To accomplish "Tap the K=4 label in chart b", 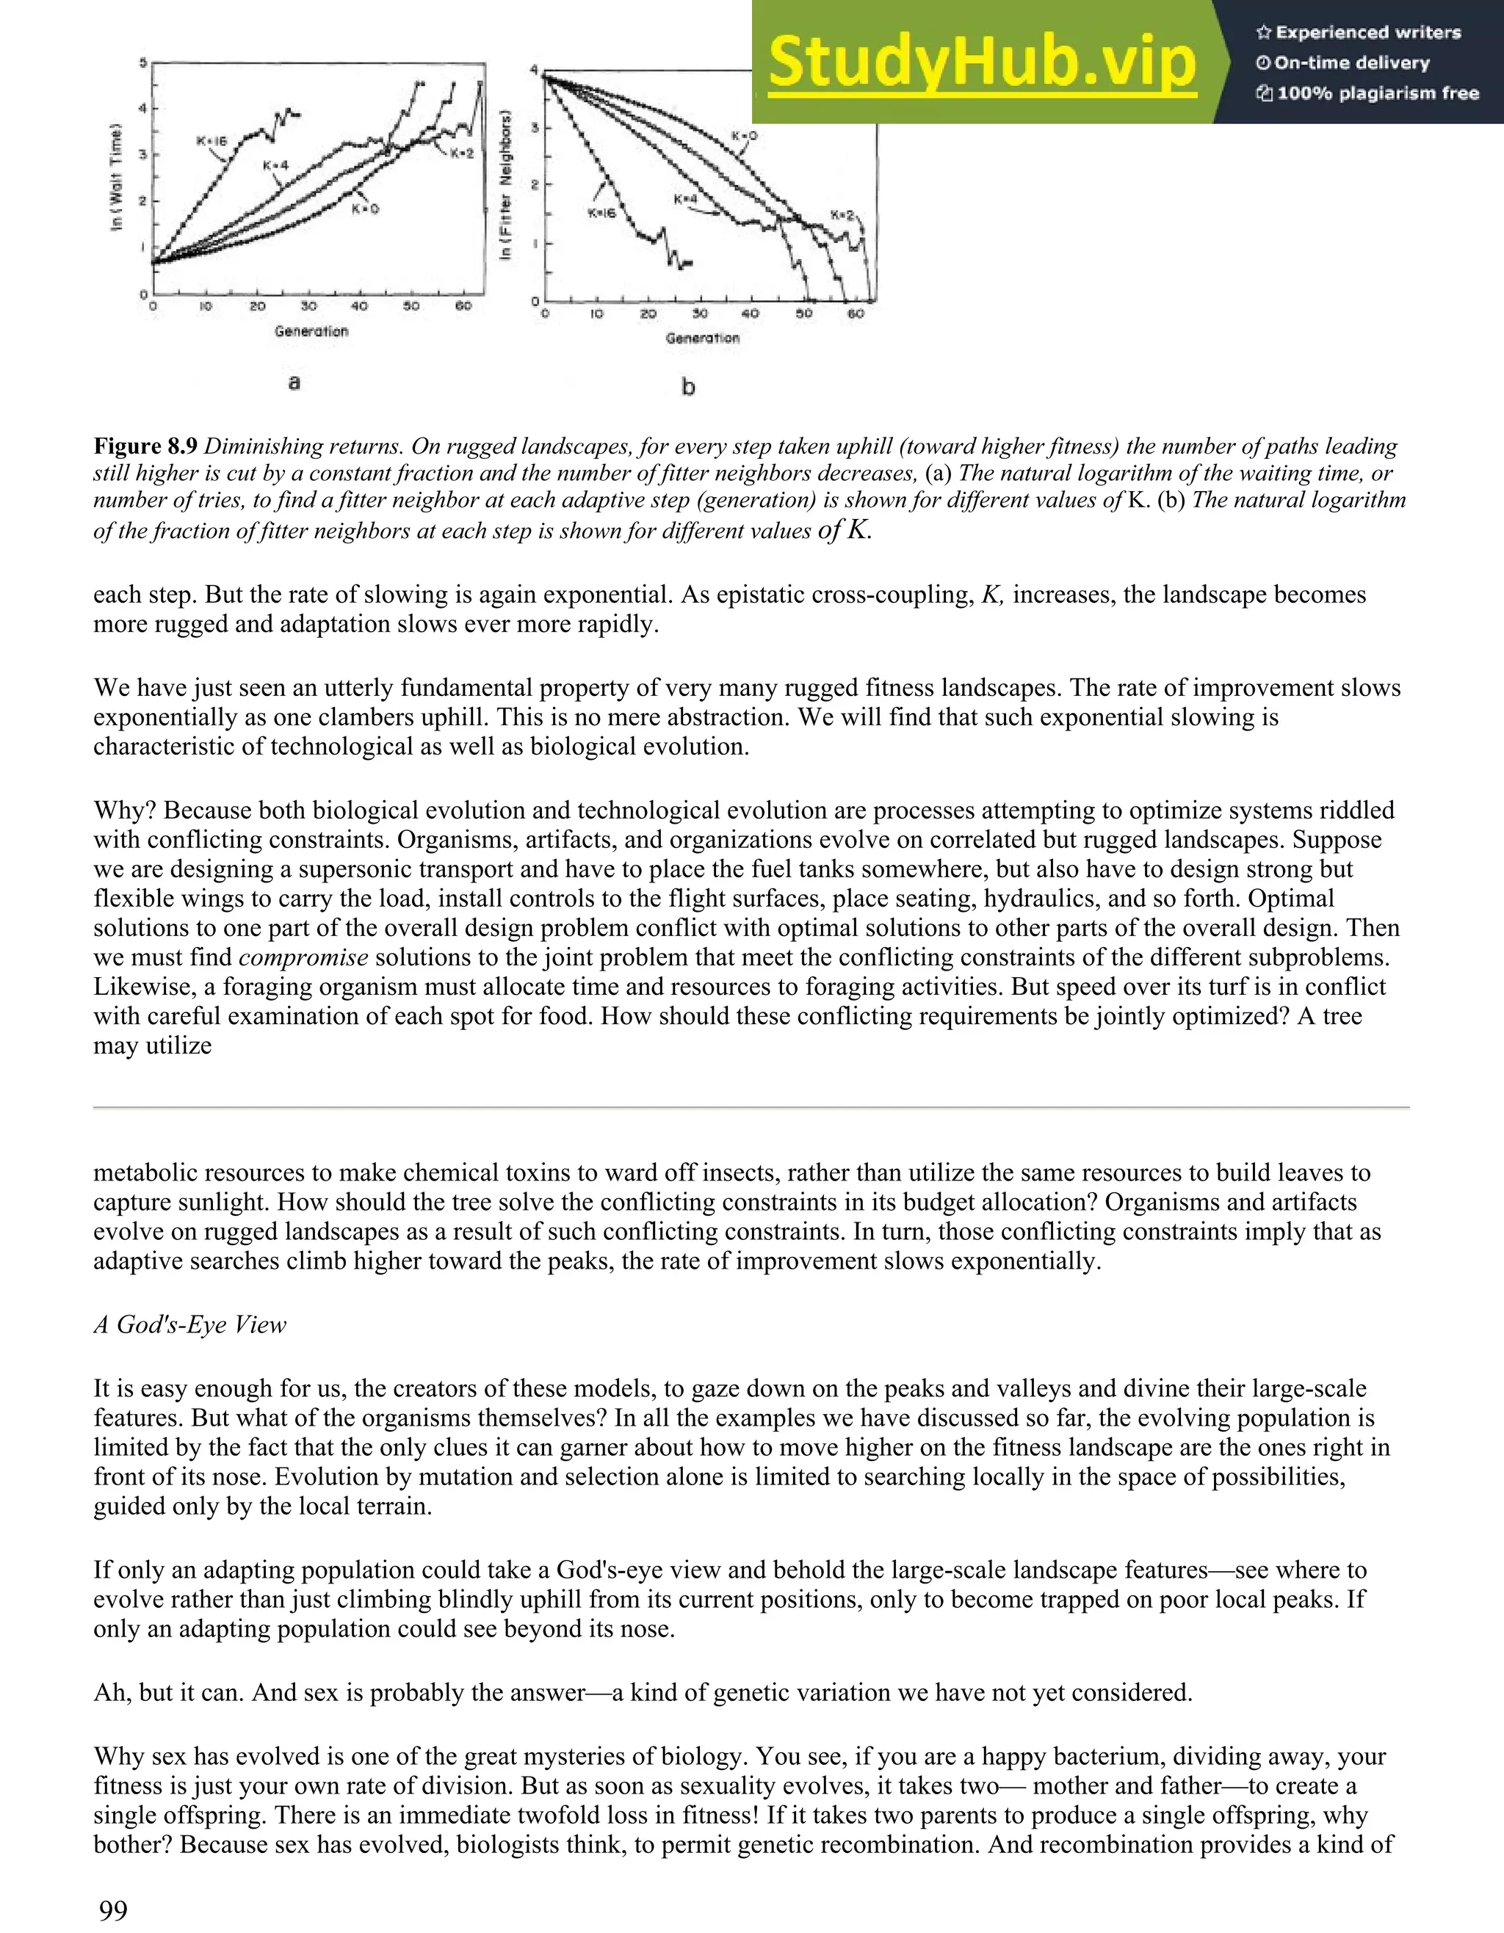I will (686, 200).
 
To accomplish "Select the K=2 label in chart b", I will (843, 215).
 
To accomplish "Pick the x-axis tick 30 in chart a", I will (309, 307).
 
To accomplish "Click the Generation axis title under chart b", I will (702, 338).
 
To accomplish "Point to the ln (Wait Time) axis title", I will (117, 177).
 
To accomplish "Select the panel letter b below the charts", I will (688, 387).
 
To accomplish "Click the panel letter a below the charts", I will (294, 382).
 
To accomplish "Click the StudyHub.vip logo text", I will (981, 64).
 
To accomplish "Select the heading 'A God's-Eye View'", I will (189, 1325).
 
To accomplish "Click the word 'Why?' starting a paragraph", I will (125, 810).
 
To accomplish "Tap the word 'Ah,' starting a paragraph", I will (113, 1693).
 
